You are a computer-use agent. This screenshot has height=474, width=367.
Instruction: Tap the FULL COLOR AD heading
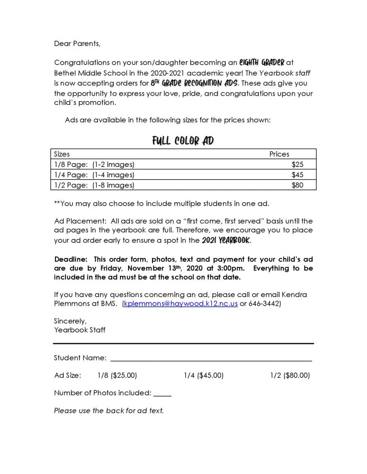click(x=183, y=141)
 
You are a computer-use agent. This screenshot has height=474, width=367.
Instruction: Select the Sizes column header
click(x=62, y=154)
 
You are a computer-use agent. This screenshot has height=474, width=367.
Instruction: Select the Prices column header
click(x=279, y=154)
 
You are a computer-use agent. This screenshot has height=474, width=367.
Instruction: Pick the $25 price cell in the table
click(x=297, y=165)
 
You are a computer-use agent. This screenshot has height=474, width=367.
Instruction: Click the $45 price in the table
click(x=297, y=175)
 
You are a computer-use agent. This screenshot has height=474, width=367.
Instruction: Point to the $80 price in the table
click(x=297, y=185)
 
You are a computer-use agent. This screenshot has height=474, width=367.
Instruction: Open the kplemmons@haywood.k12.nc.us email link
click(x=181, y=304)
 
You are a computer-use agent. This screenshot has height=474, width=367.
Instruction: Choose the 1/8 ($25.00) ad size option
click(x=117, y=376)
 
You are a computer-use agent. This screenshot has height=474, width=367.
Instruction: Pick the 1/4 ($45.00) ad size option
click(x=204, y=376)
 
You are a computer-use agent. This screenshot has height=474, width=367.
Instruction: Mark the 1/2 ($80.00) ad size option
click(x=290, y=376)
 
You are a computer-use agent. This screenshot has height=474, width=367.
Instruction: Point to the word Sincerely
click(x=70, y=321)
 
